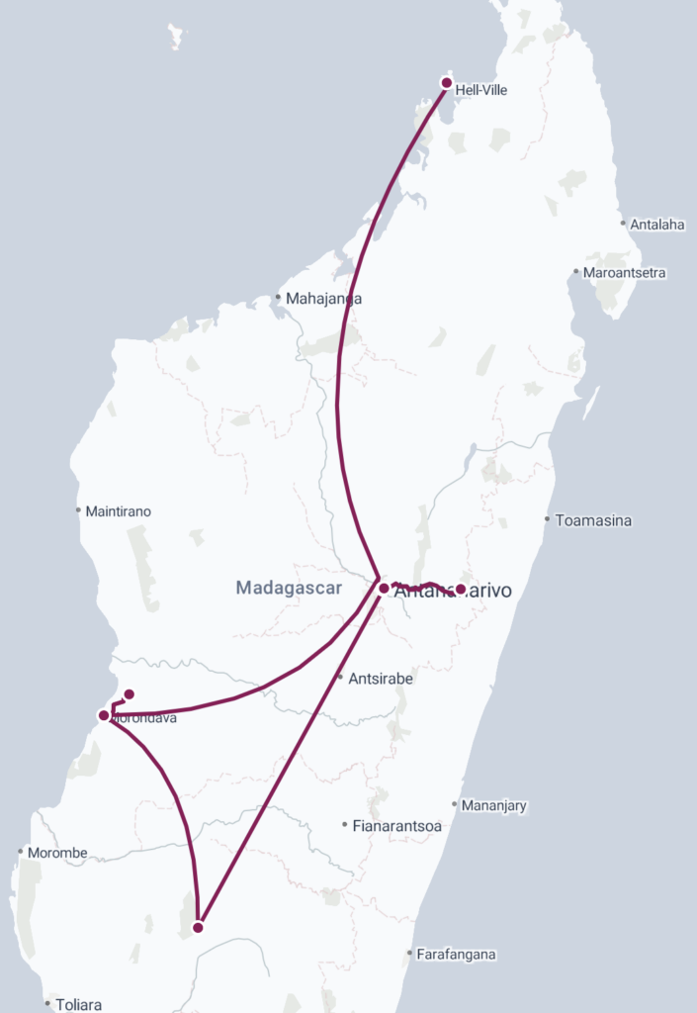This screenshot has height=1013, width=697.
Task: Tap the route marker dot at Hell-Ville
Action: pyautogui.click(x=447, y=83)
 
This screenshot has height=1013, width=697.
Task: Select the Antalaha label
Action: pyautogui.click(x=657, y=225)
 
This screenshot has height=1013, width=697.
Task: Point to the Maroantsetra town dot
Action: pyautogui.click(x=576, y=272)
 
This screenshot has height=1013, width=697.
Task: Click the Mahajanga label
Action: pyautogui.click(x=323, y=298)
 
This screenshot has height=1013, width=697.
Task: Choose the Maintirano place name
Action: pyautogui.click(x=119, y=511)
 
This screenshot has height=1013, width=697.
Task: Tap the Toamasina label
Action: pyautogui.click(x=593, y=520)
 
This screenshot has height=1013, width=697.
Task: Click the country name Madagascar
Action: pyautogui.click(x=289, y=588)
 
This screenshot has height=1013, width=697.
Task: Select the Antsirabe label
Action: pyautogui.click(x=380, y=679)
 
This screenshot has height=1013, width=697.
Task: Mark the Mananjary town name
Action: pyautogui.click(x=495, y=805)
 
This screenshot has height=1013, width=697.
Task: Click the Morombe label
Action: pyautogui.click(x=57, y=853)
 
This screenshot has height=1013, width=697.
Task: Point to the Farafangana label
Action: pyautogui.click(x=456, y=955)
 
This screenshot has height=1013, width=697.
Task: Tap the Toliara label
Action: pyautogui.click(x=78, y=1005)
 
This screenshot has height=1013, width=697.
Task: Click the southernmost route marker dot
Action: pyautogui.click(x=198, y=927)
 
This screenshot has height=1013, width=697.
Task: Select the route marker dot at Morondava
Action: pyautogui.click(x=104, y=715)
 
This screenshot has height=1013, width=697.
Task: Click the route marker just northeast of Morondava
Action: pyautogui.click(x=129, y=694)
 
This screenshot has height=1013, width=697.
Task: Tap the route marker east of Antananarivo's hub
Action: pyautogui.click(x=460, y=590)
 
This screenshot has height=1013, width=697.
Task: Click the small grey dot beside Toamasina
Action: pyautogui.click(x=547, y=519)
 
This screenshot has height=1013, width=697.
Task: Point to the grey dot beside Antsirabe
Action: pyautogui.click(x=339, y=678)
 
